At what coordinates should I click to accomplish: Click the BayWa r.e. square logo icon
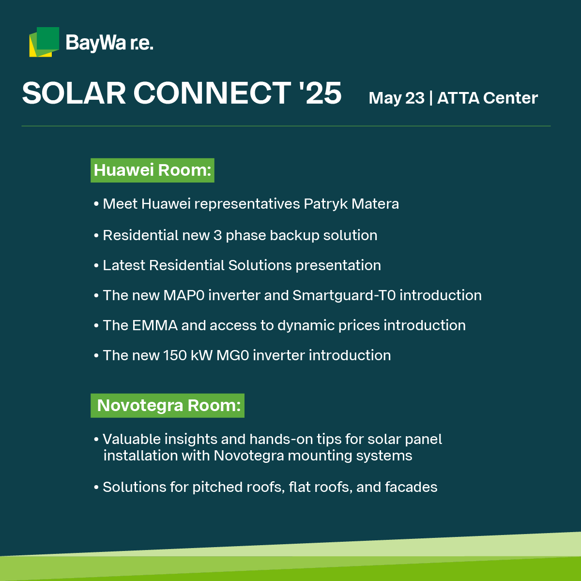(44, 42)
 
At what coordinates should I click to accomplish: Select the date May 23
(397, 98)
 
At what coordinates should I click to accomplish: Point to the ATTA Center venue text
(488, 98)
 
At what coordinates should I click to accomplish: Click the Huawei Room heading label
(153, 170)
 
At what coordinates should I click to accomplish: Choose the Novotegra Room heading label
(168, 406)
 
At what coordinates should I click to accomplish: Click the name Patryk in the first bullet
(326, 204)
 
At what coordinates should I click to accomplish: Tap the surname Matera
(375, 204)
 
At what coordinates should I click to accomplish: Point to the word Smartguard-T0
(344, 296)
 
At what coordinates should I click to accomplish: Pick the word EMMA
(155, 326)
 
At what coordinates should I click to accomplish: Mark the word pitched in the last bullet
(217, 488)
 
